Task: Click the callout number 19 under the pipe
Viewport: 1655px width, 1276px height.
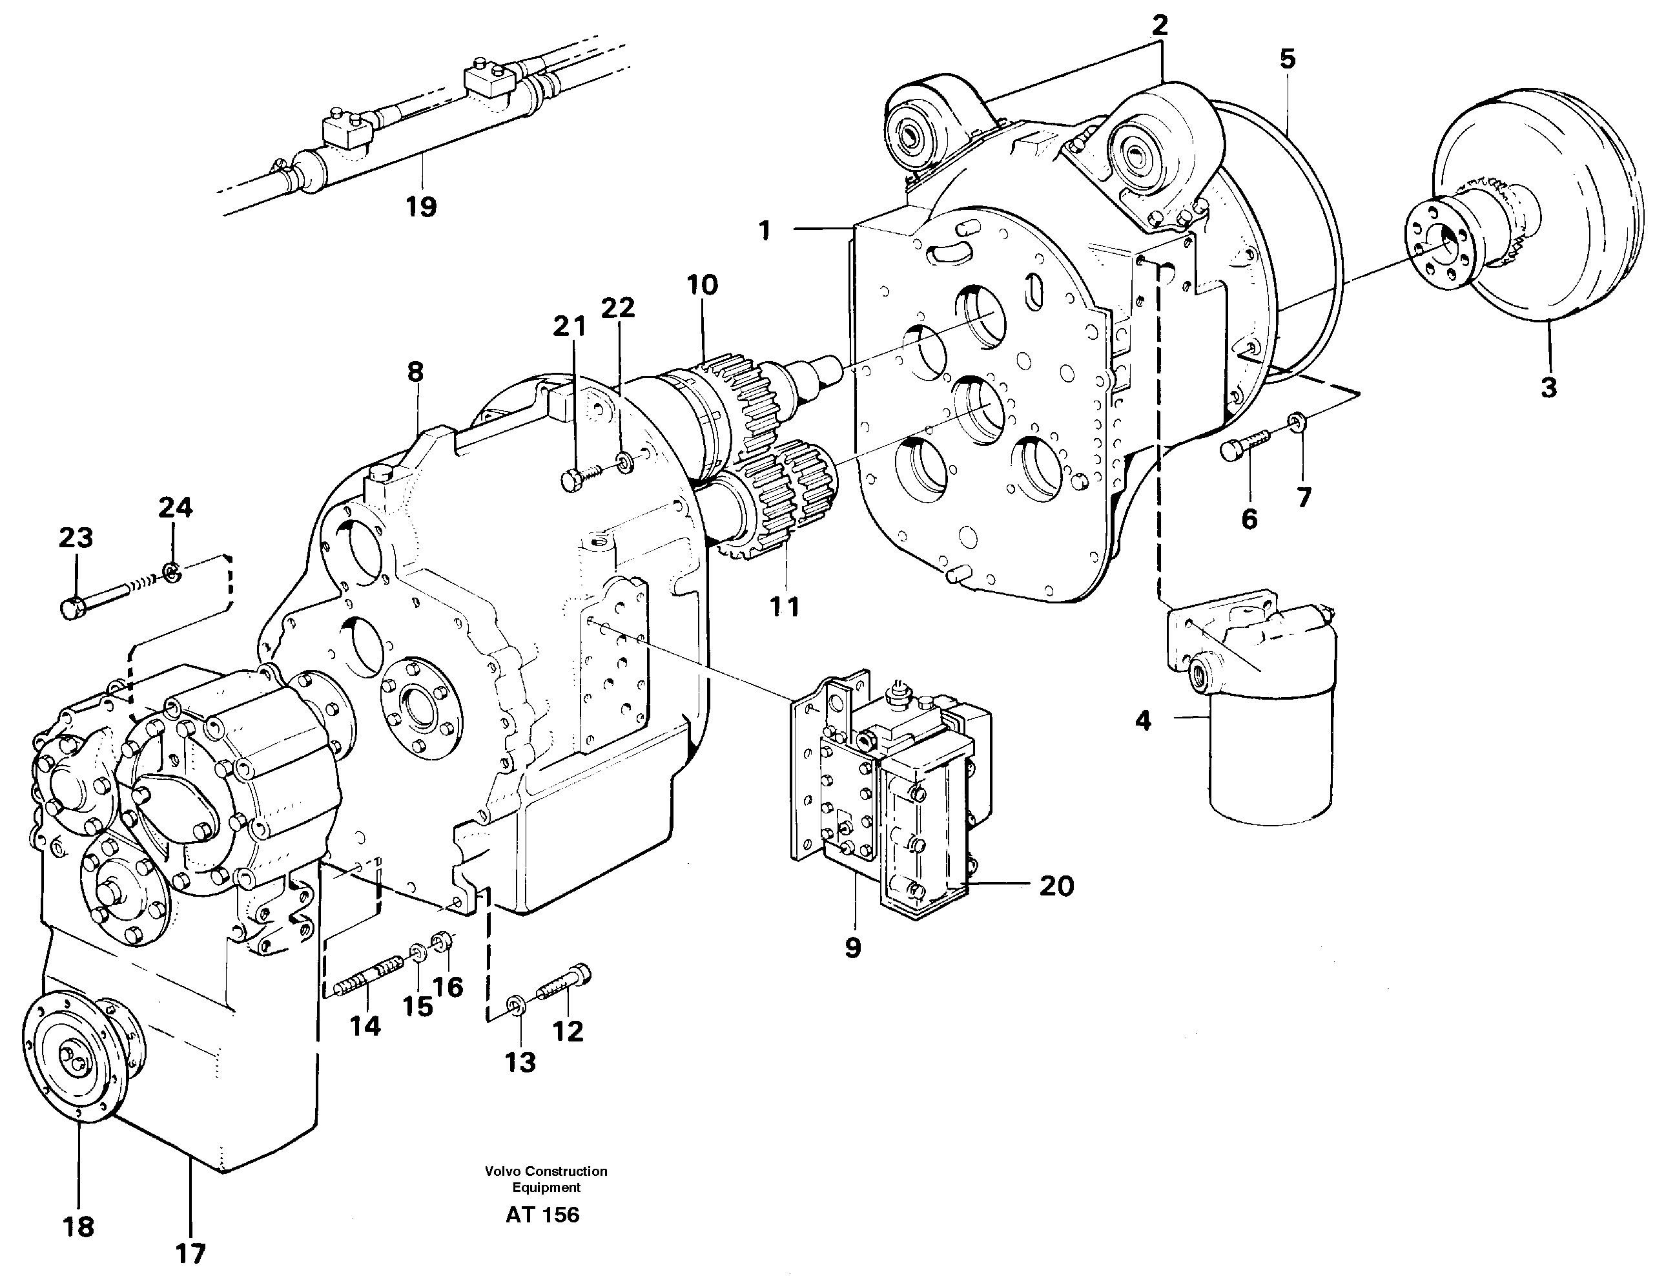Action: pos(421,206)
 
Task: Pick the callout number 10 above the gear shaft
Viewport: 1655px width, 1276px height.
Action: pos(702,286)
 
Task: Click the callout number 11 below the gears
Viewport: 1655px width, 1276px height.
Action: pos(785,607)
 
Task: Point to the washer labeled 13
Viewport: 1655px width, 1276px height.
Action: pos(516,1006)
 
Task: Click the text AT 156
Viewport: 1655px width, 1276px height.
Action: pos(542,1215)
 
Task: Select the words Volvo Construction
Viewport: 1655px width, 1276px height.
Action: pos(546,1171)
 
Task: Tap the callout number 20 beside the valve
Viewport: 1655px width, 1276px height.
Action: pos(1056,886)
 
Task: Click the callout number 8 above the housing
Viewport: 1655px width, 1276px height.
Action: pos(415,372)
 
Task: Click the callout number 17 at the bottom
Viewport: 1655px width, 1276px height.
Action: pos(190,1254)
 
